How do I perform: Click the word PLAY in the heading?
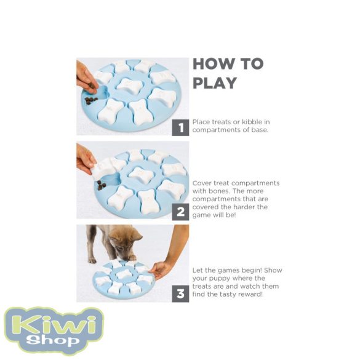(x=215, y=83)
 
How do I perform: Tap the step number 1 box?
(x=180, y=127)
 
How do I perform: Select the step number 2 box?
(x=180, y=212)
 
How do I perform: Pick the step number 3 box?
(x=180, y=294)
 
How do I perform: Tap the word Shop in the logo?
(x=53, y=340)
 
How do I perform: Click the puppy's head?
(x=126, y=246)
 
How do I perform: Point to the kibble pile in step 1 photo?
(x=91, y=100)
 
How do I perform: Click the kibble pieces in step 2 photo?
(x=102, y=185)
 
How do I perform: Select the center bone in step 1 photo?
(x=129, y=85)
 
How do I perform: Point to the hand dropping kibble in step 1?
(x=87, y=78)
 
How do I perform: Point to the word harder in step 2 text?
(x=242, y=207)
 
